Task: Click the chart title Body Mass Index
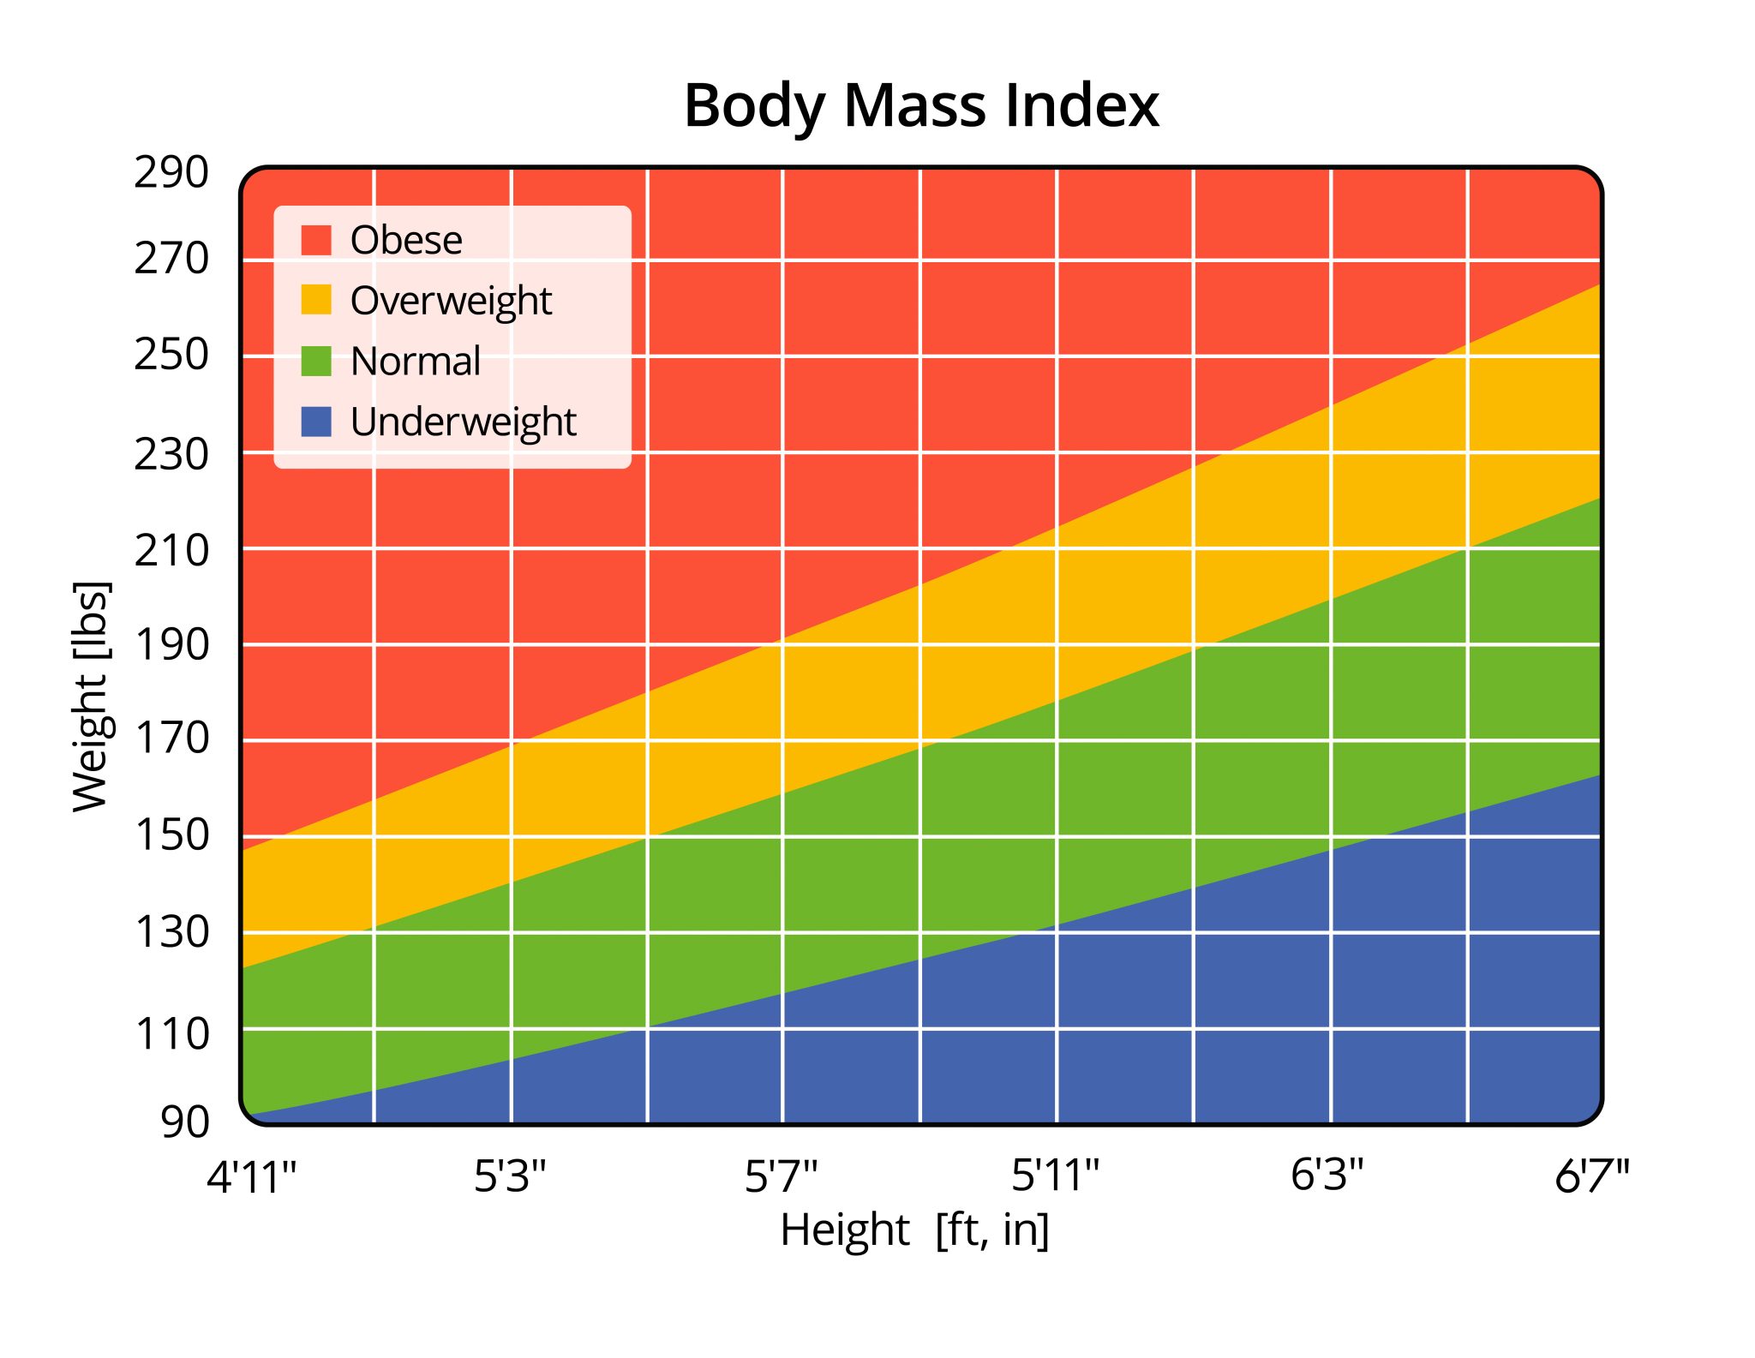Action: [x=920, y=106]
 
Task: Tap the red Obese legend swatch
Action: [x=316, y=240]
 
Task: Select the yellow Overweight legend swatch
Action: [x=316, y=300]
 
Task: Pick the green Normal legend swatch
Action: [x=316, y=361]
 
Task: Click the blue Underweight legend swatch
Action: [x=316, y=422]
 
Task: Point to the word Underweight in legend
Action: [x=463, y=422]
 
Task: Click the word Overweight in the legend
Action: [x=451, y=301]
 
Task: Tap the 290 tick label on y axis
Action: [x=171, y=173]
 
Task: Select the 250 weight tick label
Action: [x=171, y=355]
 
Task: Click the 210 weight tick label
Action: [x=171, y=550]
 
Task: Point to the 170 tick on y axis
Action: [x=171, y=738]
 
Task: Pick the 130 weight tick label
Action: [x=171, y=931]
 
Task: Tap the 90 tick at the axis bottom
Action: [x=184, y=1122]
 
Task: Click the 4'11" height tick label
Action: [x=251, y=1176]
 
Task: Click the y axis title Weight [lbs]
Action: [x=91, y=696]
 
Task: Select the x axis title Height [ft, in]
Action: [x=914, y=1230]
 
